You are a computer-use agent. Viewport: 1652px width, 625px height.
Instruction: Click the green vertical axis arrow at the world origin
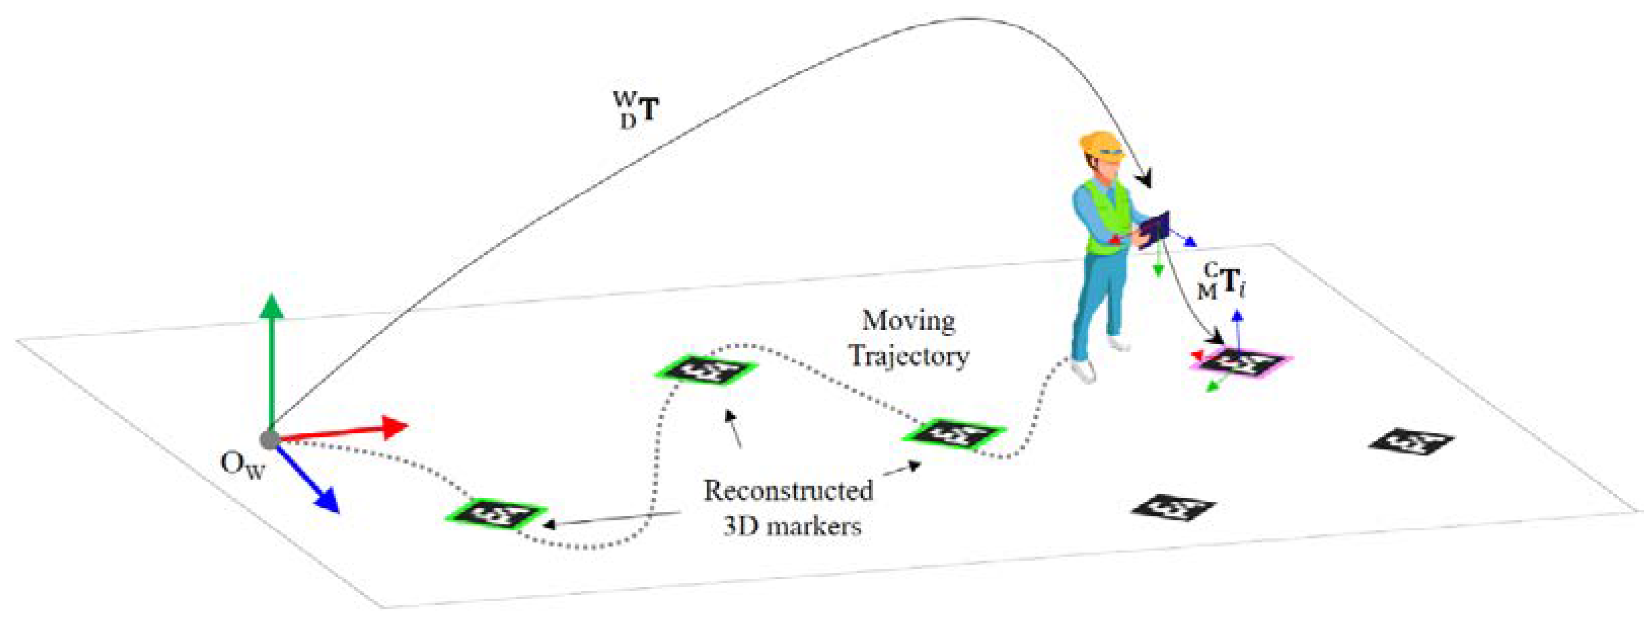click(271, 359)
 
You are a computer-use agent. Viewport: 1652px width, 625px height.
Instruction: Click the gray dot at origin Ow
click(269, 440)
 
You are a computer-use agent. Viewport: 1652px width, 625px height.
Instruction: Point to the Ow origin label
click(242, 466)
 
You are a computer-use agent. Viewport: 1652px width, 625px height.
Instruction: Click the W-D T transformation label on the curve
click(635, 111)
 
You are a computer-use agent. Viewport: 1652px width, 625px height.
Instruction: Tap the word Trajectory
click(909, 356)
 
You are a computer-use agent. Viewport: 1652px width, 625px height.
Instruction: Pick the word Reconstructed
click(788, 491)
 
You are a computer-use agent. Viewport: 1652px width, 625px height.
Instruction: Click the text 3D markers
click(792, 527)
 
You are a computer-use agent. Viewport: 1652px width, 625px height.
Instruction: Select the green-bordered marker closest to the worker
click(953, 436)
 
